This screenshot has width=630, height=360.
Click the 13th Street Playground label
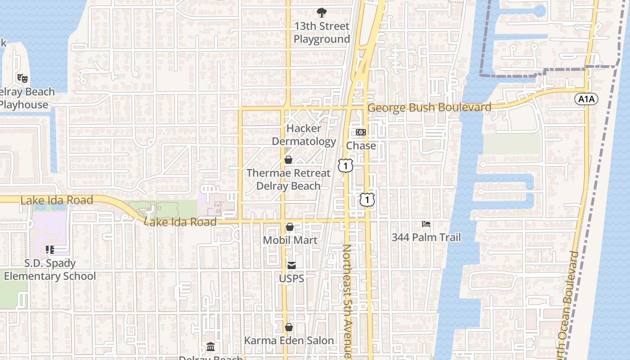[x=321, y=33]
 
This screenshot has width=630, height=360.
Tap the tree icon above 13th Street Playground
[x=321, y=13]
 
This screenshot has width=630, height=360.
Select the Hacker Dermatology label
[x=304, y=135]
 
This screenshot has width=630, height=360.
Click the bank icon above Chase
[x=361, y=132]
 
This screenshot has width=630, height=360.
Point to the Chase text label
[x=361, y=146]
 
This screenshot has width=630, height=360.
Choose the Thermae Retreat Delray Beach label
[x=288, y=180]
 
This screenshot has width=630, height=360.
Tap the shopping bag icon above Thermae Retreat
[x=288, y=160]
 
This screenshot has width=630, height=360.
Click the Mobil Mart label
[x=290, y=240]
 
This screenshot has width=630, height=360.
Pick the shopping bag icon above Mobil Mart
[x=290, y=227]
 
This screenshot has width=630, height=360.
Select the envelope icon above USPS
[x=292, y=265]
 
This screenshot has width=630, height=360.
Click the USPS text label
[x=292, y=279]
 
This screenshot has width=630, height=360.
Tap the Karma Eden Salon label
[x=289, y=341]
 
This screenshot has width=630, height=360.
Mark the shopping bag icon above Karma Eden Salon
[x=289, y=327]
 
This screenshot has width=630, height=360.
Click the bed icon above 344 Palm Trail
[x=426, y=224]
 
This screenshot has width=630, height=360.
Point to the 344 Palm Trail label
[x=426, y=237]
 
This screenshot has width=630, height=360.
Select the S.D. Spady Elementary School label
[x=50, y=270]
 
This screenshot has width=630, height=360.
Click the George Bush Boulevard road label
[x=429, y=108]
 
